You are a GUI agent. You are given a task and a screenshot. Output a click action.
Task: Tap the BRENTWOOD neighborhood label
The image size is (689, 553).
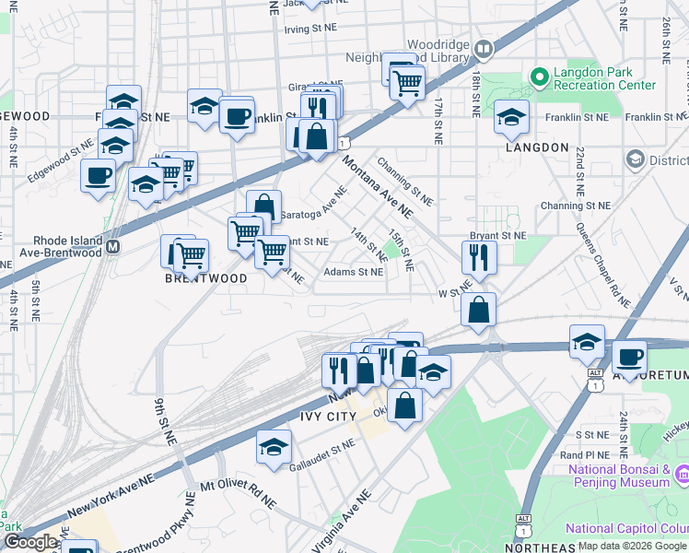click(206, 277)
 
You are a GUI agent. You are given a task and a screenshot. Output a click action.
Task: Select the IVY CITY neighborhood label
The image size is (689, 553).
click(316, 417)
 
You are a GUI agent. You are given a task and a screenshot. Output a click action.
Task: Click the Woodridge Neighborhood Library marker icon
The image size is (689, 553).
click(484, 47)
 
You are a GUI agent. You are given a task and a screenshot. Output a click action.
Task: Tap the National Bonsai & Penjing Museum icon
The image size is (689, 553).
click(683, 475)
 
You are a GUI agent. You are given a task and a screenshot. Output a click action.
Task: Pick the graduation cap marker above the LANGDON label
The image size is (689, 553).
click(511, 115)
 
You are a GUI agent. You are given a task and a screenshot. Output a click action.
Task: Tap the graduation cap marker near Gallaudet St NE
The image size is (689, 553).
click(274, 446)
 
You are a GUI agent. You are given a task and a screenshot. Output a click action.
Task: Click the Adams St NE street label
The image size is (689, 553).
click(354, 272)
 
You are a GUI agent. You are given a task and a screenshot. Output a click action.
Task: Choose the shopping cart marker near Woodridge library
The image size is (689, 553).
click(406, 82)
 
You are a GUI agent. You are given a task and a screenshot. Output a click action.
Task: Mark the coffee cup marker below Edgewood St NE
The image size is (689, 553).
click(98, 174)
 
